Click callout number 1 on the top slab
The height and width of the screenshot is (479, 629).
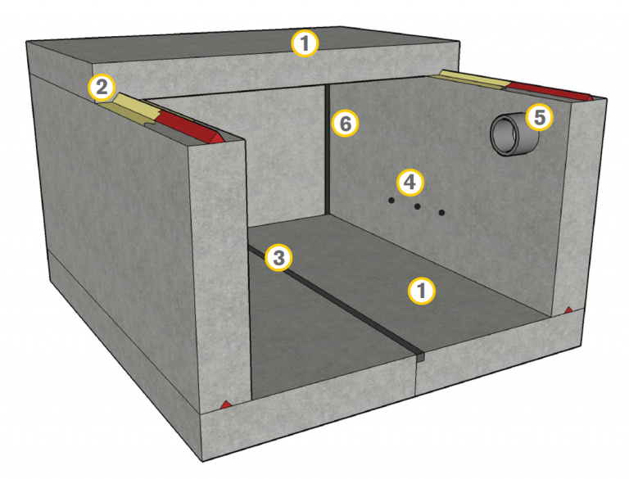pyautogui.click(x=305, y=43)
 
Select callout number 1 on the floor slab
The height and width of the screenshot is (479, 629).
pyautogui.click(x=421, y=291)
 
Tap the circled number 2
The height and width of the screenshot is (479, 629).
pyautogui.click(x=102, y=87)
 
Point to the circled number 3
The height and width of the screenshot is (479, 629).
pyautogui.click(x=278, y=258)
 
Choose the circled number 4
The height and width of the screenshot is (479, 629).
pyautogui.click(x=410, y=183)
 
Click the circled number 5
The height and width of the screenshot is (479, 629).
pyautogui.click(x=540, y=117)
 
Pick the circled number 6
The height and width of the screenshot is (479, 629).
pyautogui.click(x=345, y=123)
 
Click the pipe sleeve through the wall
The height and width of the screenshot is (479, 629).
pyautogui.click(x=514, y=134)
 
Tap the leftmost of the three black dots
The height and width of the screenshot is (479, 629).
pyautogui.click(x=391, y=200)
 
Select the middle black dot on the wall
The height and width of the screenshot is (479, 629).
pyautogui.click(x=417, y=206)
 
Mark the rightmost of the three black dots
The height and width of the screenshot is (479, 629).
pyautogui.click(x=441, y=213)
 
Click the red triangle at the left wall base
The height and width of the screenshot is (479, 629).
pyautogui.click(x=226, y=404)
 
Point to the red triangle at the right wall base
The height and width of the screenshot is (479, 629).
pyautogui.click(x=568, y=310)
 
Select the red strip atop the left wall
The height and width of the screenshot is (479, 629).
pyautogui.click(x=189, y=127)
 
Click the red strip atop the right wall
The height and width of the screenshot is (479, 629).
pyautogui.click(x=549, y=91)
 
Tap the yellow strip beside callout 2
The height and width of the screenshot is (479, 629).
pyautogui.click(x=135, y=106)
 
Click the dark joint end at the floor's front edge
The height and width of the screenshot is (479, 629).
pyautogui.click(x=419, y=357)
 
